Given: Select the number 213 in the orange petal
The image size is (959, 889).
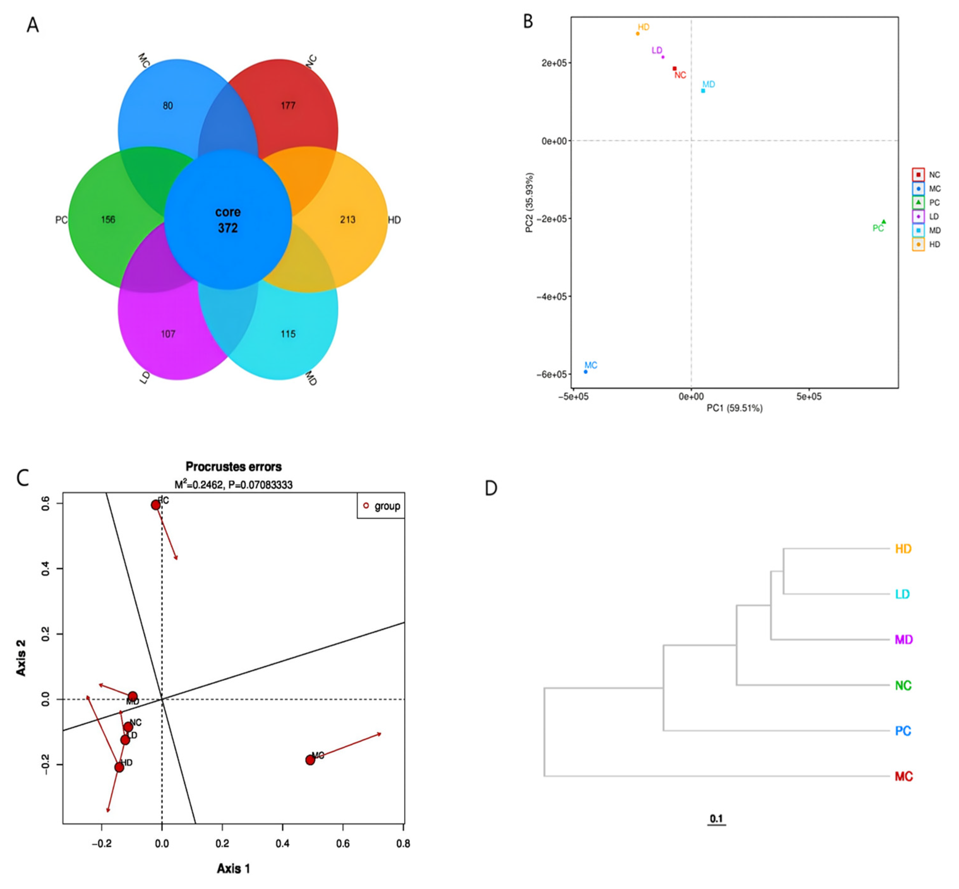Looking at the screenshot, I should pos(347,220).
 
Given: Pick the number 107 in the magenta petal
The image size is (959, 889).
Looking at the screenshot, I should pos(168,334).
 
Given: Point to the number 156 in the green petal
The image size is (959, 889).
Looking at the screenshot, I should pos(108,220).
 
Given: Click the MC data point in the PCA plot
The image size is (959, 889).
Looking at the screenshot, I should pos(585,372).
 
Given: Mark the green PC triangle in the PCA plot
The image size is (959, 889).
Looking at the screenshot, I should pos(884,222).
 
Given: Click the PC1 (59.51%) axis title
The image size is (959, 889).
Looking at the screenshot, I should pos(734,408).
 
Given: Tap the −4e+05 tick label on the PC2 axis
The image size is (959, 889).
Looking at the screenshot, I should pos(551,297).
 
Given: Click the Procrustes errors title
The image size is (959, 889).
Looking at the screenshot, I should pos(234,467).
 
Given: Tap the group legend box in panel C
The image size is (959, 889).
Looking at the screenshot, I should pos(381,506).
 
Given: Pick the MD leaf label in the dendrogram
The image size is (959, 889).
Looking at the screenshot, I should pos(903,640).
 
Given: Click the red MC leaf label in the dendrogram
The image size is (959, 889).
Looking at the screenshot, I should pos(903,777).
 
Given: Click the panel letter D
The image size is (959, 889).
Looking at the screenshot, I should pos(491,488).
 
